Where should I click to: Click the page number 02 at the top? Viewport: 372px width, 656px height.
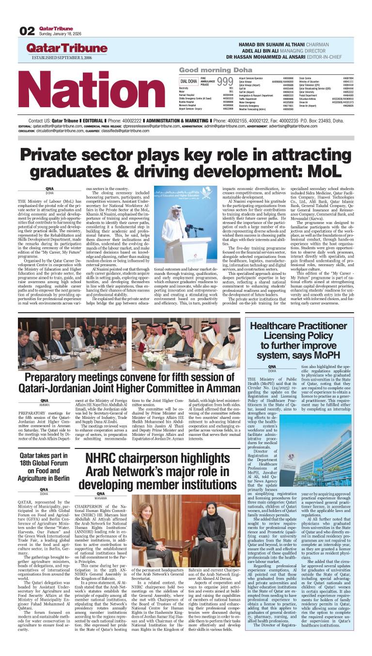point(27,31)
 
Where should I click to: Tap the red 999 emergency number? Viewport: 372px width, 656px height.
point(225,81)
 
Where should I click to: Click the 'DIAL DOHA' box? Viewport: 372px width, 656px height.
point(188,81)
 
